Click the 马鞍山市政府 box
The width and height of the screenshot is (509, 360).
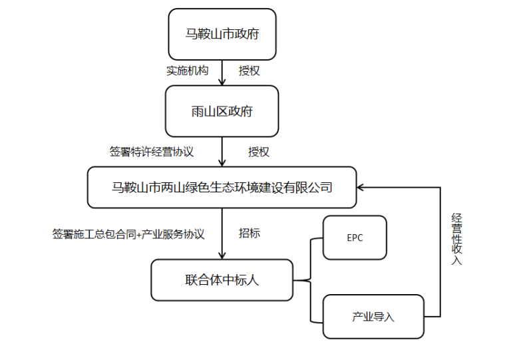pos(222,34)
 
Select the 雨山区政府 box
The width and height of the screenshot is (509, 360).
pos(222,111)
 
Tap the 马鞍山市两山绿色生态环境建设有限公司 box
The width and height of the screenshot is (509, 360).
pos(222,187)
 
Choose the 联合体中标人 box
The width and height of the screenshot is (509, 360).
pos(222,280)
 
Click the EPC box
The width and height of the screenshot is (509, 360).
pos(355,238)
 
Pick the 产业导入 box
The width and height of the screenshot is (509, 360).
pos(373,317)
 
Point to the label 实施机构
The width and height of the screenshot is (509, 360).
pos(188,71)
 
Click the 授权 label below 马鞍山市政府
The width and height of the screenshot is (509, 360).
pos(250,71)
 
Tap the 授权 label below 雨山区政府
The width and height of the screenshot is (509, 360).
pos(259,152)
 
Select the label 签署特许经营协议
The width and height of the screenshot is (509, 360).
pos(152,152)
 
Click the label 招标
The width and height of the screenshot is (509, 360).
pos(250,233)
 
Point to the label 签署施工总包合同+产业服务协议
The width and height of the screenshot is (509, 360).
pos(128,234)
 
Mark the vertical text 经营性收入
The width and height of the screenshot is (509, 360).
pos(456,239)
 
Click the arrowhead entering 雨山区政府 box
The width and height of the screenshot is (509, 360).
pos(222,81)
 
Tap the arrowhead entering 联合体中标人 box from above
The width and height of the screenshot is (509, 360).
pos(222,255)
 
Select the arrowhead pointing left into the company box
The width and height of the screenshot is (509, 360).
pos(361,187)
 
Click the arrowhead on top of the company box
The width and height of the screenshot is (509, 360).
pos(222,162)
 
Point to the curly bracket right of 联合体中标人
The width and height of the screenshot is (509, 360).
pos(311,280)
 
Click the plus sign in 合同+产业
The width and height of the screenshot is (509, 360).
pos(139,235)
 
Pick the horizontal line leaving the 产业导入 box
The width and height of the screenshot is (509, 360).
pos(432,317)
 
